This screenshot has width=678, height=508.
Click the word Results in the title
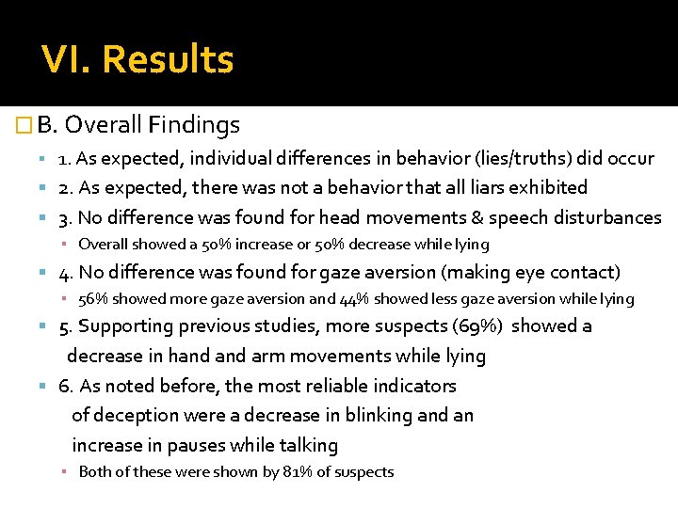pyautogui.click(x=168, y=60)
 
